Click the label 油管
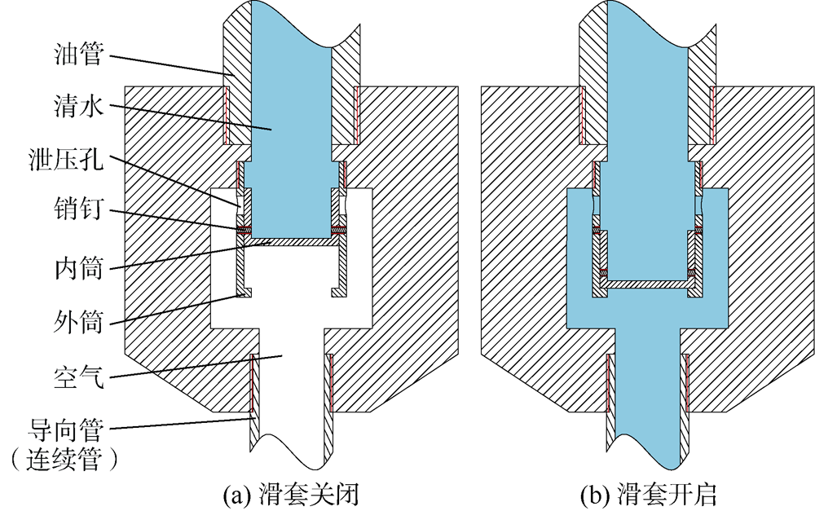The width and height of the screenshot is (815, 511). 78,54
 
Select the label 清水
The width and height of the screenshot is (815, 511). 78,107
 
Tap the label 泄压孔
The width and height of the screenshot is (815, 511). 66,159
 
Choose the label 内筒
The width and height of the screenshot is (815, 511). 78,269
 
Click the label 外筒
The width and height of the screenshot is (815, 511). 78,322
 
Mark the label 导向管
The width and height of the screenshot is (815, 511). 66,430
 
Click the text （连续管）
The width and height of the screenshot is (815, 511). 64,460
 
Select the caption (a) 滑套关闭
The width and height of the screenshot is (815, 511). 291,495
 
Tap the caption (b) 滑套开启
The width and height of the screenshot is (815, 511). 648,495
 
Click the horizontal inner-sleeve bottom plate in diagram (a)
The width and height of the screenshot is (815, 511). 291,242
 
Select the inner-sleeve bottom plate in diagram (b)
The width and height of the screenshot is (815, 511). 648,284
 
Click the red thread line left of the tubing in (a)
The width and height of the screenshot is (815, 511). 227,115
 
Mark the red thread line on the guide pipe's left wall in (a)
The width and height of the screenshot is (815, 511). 251,383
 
